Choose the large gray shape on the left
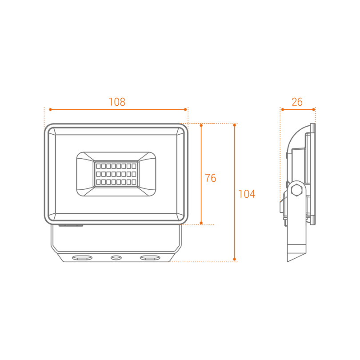116,187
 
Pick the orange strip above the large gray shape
116,107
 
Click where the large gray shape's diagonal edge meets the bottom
169,261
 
